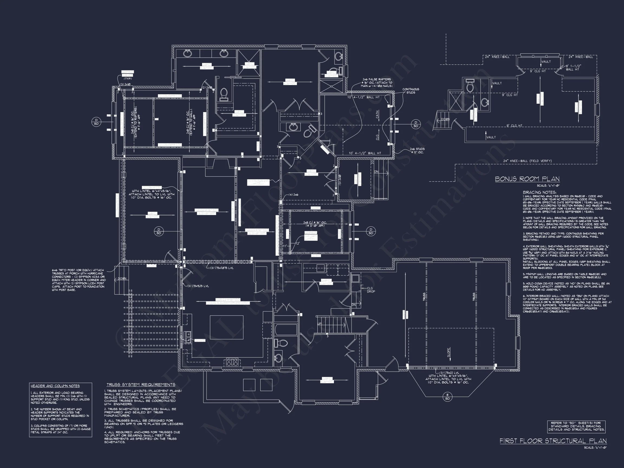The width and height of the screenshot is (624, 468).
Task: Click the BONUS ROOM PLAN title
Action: (x=527, y=179)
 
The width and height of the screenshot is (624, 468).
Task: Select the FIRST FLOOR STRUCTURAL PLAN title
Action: (x=553, y=441)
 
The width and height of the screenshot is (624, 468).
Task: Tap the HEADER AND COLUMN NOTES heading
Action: (x=55, y=386)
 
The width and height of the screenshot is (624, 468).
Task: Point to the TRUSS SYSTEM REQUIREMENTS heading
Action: (x=141, y=385)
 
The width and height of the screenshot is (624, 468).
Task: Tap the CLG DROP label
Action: (x=371, y=290)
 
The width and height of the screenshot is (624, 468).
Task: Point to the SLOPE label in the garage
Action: (x=448, y=352)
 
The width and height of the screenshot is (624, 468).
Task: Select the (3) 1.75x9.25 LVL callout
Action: (x=198, y=286)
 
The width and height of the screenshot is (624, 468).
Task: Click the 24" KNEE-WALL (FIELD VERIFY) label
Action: (x=527, y=161)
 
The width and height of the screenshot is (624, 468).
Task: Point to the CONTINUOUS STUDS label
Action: (x=411, y=91)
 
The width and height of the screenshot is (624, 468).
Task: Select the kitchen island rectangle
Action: (x=226, y=327)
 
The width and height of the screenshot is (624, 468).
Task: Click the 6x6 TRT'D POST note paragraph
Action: (x=79, y=280)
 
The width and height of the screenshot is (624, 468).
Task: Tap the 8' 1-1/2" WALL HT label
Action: (x=573, y=67)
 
